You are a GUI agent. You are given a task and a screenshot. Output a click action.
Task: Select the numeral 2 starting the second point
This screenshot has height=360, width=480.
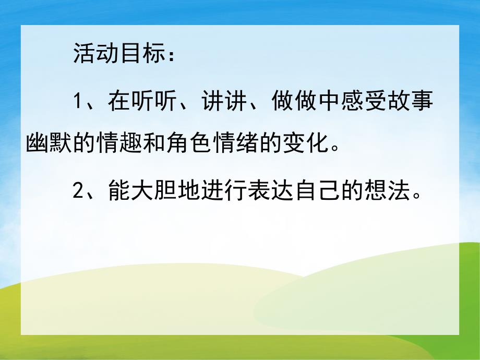click(x=78, y=193)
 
